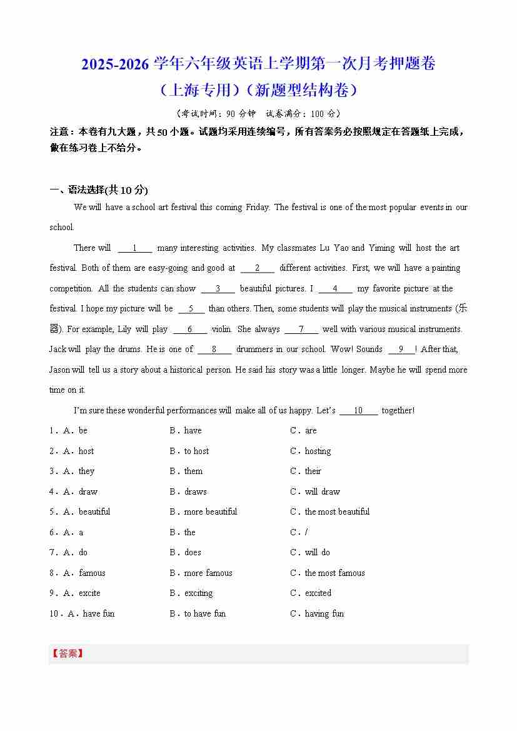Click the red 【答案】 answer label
[x=67, y=653]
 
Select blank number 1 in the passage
[x=134, y=248]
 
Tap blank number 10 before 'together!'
[x=358, y=410]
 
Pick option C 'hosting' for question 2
[x=318, y=451]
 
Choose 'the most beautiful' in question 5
[x=336, y=512]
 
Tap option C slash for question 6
[x=306, y=532]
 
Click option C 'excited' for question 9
[x=318, y=593]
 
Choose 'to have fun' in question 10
[x=204, y=613]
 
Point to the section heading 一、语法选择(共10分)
[x=99, y=190]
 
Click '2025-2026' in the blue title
[x=116, y=64]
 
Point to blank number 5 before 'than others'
[x=191, y=308]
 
